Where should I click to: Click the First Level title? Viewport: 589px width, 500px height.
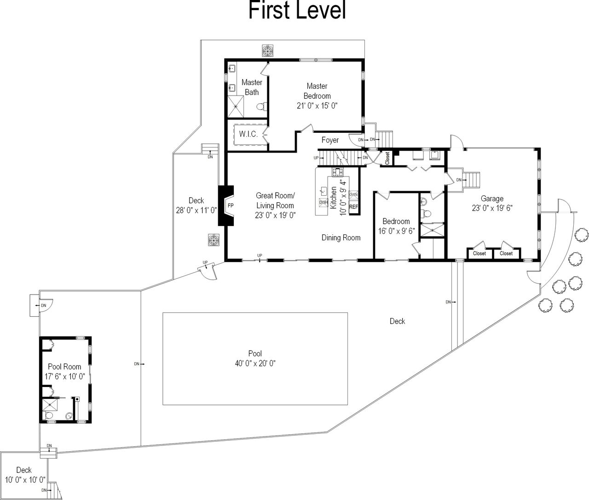[x=297, y=10]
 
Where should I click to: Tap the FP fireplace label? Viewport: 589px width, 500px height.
[x=231, y=205]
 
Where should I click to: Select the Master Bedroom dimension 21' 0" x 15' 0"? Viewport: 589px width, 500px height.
[x=317, y=106]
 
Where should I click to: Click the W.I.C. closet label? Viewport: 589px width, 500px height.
[x=248, y=134]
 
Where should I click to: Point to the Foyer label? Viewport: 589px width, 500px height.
[x=330, y=140]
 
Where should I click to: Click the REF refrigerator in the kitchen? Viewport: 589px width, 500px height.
[x=354, y=207]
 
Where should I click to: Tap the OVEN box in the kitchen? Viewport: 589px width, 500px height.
[x=353, y=195]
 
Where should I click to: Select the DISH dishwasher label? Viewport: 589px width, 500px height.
[x=323, y=202]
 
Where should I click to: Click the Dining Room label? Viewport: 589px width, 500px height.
[x=341, y=238]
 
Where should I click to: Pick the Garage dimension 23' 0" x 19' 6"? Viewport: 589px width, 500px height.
[x=492, y=208]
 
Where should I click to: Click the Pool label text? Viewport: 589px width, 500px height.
[x=255, y=353]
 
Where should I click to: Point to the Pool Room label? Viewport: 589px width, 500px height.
[x=64, y=367]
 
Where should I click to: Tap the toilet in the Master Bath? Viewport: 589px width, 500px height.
[x=260, y=107]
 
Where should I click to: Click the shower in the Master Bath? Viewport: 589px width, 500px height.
[x=236, y=106]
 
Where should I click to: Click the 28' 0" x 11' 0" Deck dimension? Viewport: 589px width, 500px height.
[x=196, y=210]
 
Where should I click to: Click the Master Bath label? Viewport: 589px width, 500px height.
[x=252, y=87]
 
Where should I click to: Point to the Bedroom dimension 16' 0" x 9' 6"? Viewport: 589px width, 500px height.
[x=396, y=231]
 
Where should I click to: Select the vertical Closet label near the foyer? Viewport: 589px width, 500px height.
[x=387, y=158]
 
